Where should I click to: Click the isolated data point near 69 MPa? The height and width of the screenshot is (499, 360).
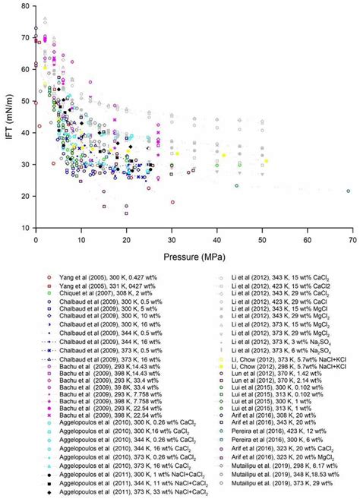pyautogui.click(x=349, y=191)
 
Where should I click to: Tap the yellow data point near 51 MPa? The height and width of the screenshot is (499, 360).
pyautogui.click(x=267, y=160)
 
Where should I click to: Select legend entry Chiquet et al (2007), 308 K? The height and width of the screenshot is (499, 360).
pyautogui.click(x=80, y=292)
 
